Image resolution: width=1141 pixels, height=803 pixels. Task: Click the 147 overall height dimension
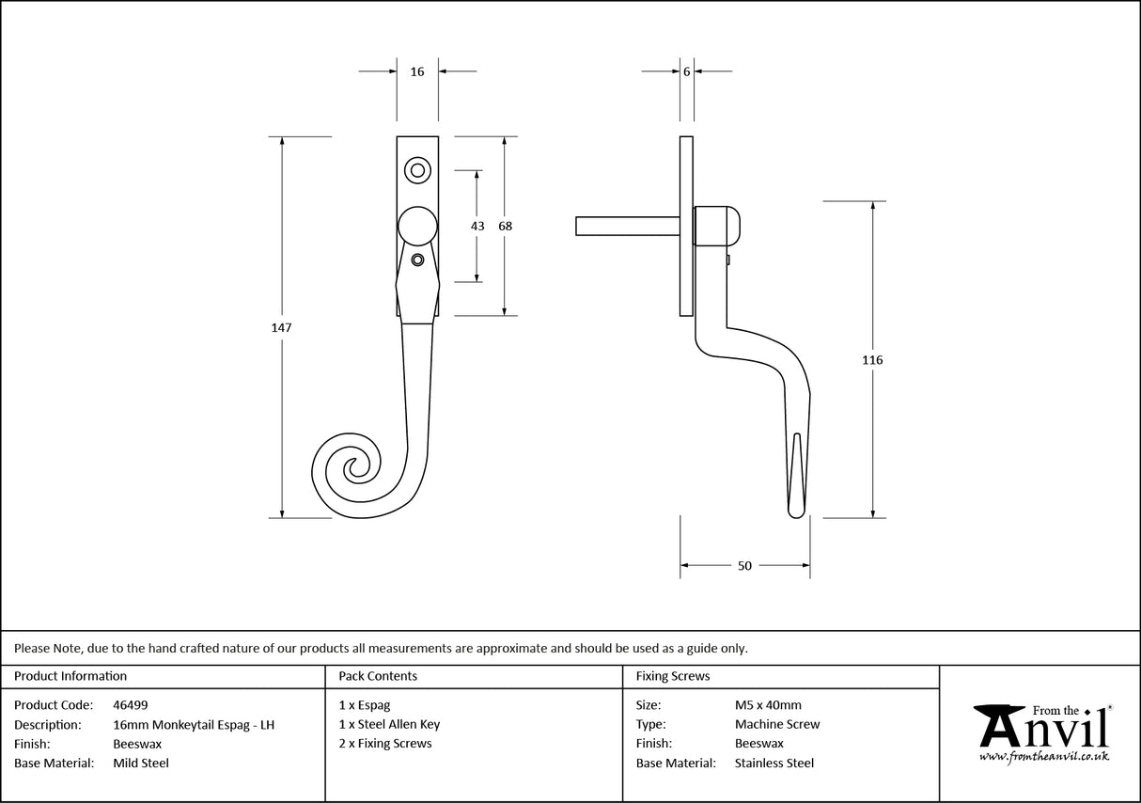click(x=282, y=328)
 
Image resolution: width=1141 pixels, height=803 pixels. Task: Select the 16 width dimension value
click(x=417, y=71)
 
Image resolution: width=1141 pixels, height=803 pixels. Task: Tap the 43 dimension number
click(x=477, y=226)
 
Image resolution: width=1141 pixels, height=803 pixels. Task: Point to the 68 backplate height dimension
click(x=506, y=226)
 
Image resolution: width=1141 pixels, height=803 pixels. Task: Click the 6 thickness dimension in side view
click(x=687, y=71)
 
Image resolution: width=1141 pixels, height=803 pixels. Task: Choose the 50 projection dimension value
click(x=744, y=566)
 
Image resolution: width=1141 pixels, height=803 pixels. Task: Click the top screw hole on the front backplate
click(x=417, y=170)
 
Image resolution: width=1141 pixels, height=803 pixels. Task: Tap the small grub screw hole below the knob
click(x=418, y=260)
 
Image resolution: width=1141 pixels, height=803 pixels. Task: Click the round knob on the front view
click(x=417, y=228)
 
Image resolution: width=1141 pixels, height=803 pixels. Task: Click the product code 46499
click(x=130, y=704)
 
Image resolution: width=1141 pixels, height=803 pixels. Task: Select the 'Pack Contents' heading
click(x=378, y=676)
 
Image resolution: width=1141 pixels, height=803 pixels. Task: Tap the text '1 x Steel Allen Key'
click(x=389, y=724)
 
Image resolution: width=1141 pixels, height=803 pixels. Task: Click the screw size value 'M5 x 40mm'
click(x=768, y=704)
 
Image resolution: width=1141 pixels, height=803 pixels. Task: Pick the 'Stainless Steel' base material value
click(x=774, y=764)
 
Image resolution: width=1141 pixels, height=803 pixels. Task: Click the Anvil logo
click(x=1041, y=732)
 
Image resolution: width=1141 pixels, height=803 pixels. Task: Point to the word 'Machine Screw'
click(x=776, y=724)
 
